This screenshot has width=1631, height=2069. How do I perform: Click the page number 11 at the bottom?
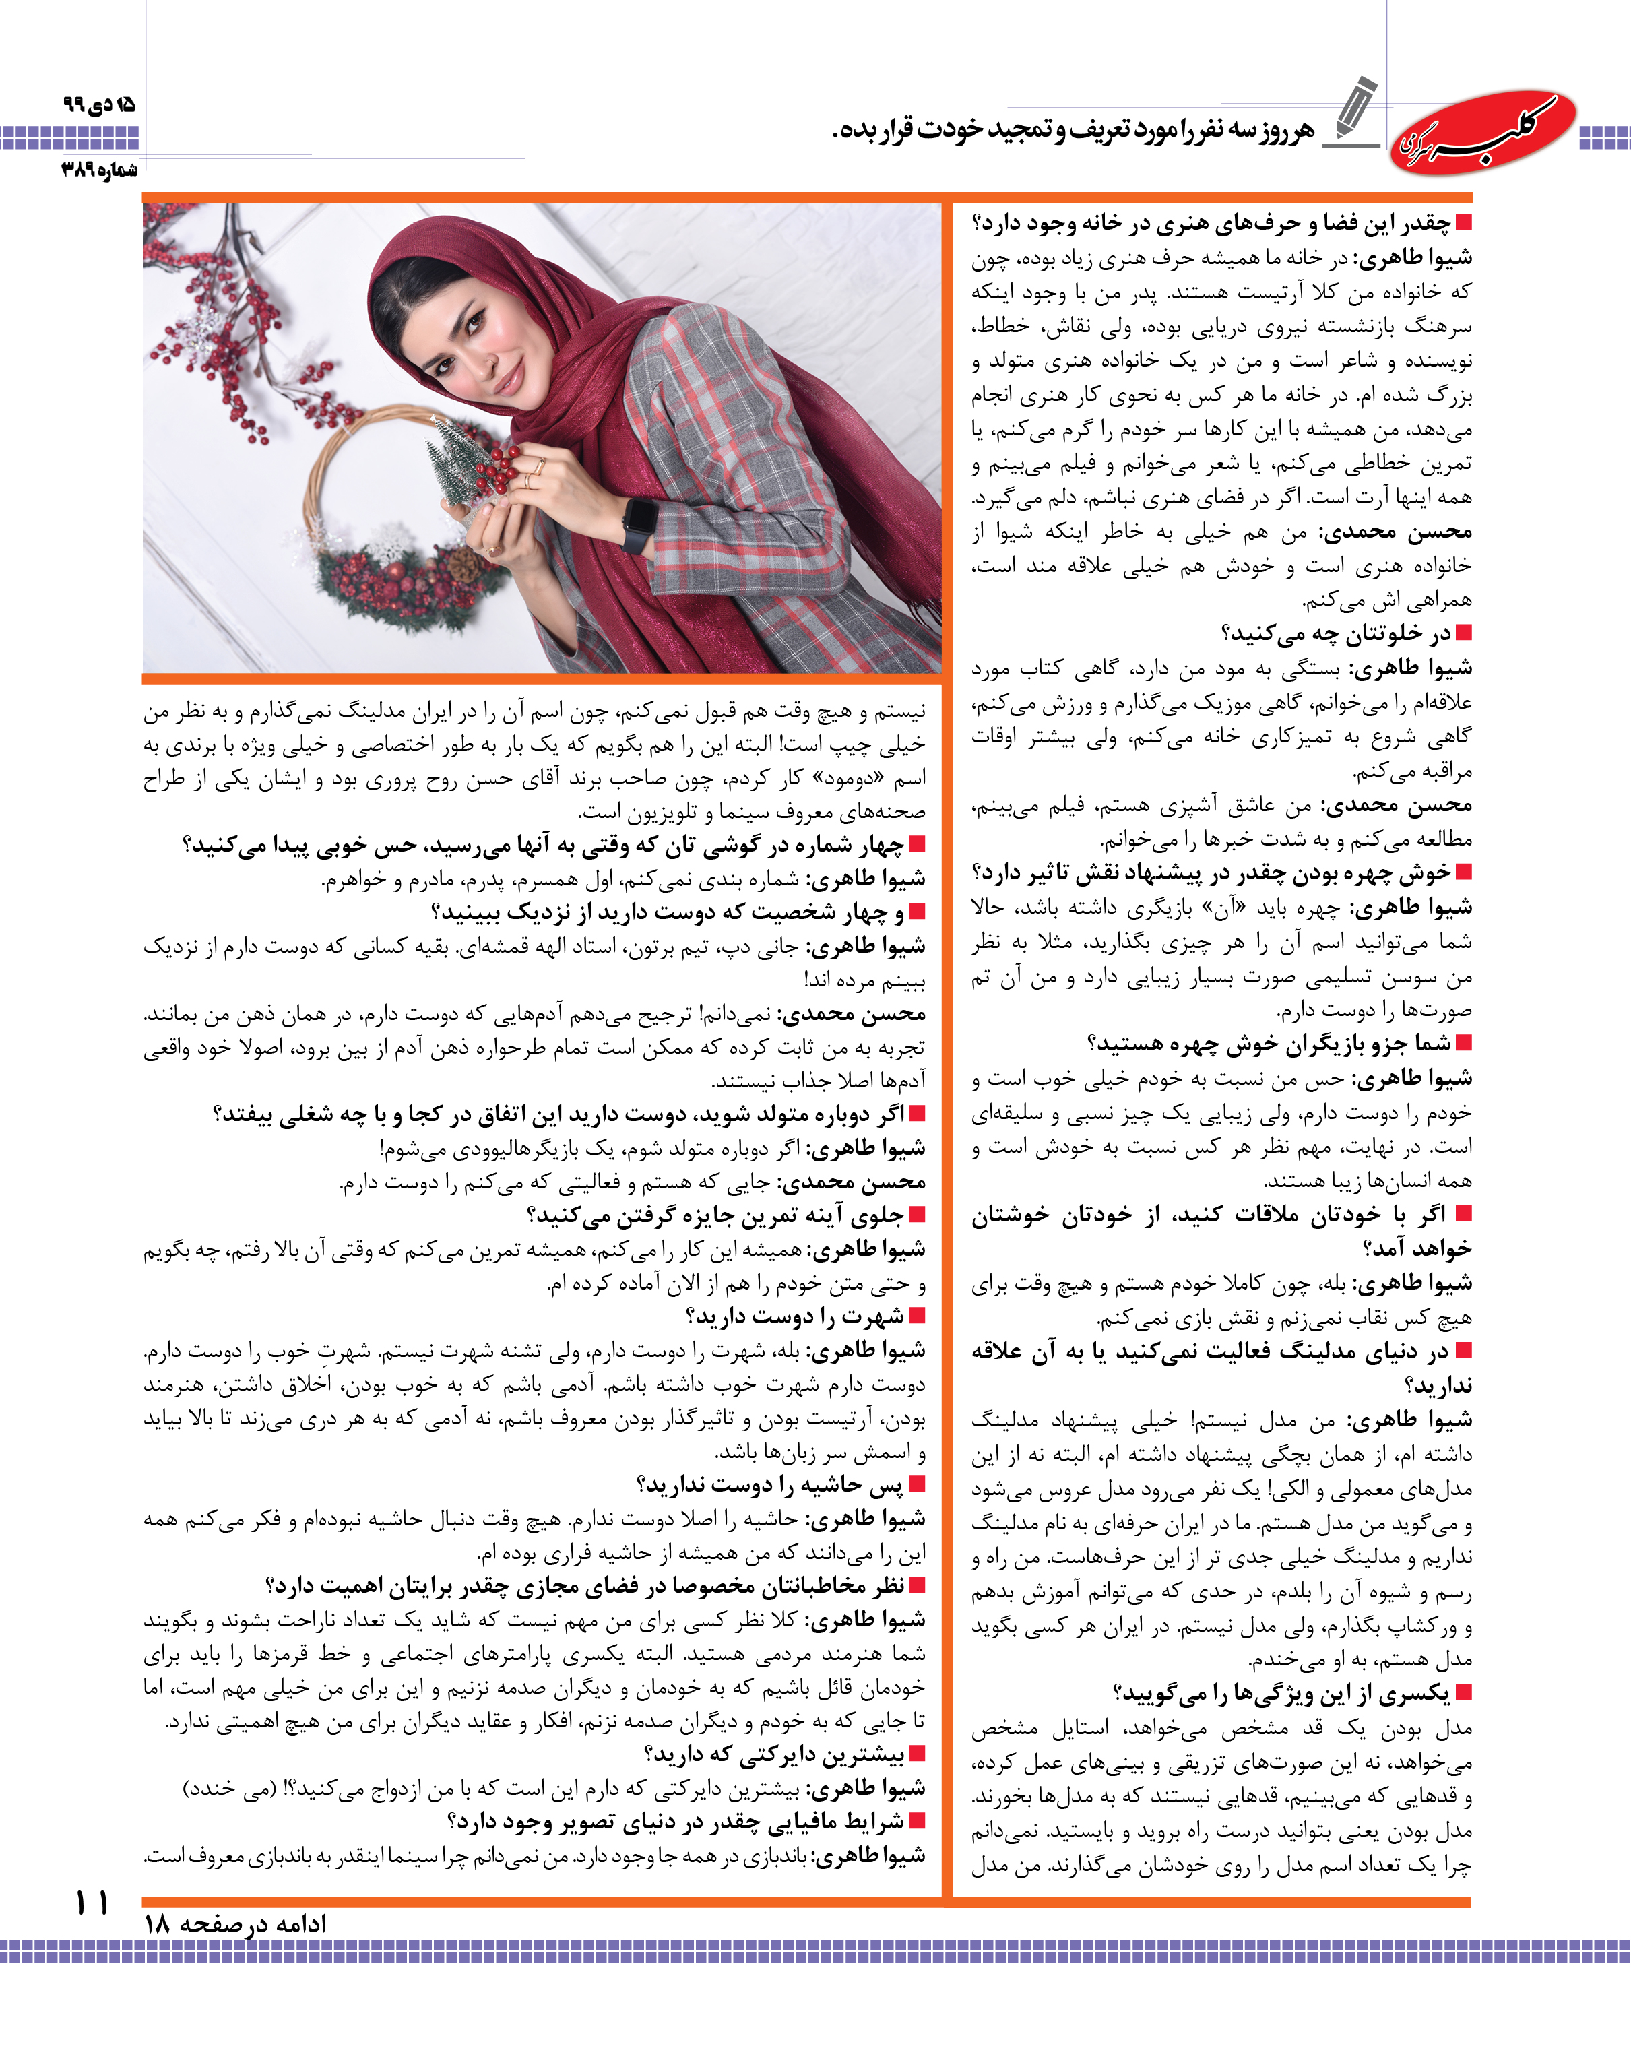click(x=92, y=1902)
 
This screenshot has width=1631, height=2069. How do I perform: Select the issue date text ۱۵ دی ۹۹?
click(x=99, y=103)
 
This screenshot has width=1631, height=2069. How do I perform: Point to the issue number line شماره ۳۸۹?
click(x=99, y=170)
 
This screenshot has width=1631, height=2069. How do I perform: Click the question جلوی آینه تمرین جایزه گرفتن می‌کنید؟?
click(x=715, y=1215)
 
